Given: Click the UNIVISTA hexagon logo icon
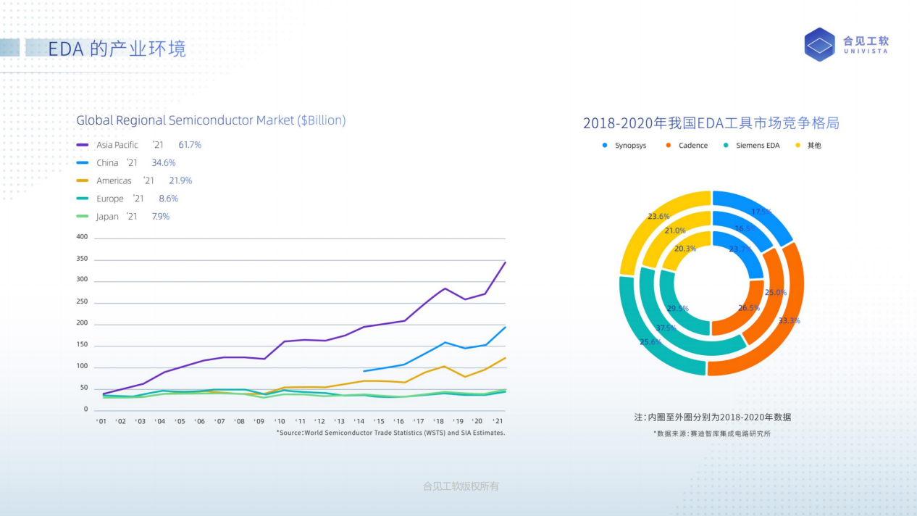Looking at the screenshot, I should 820,44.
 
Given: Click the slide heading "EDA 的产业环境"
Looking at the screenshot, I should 117,49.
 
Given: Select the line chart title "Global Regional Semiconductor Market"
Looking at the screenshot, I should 211,120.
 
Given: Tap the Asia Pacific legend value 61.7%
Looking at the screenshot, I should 190,145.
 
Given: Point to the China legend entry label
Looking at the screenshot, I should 107,163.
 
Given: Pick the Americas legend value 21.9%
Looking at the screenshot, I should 180,180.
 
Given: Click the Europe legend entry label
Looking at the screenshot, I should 110,199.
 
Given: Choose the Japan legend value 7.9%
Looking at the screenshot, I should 160,217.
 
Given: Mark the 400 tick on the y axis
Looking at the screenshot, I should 82,237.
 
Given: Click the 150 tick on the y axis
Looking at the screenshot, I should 82,345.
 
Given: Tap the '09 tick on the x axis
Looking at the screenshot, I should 259,421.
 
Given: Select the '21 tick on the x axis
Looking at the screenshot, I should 498,421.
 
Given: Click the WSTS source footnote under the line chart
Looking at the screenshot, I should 390,433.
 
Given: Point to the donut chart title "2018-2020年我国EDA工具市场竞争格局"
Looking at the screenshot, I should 711,123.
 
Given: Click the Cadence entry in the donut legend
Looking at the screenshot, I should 692,146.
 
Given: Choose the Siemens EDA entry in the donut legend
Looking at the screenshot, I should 758,146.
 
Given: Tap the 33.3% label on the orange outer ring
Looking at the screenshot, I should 789,320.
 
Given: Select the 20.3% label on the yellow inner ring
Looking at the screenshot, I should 684,249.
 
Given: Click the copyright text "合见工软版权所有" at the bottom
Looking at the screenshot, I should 461,486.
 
